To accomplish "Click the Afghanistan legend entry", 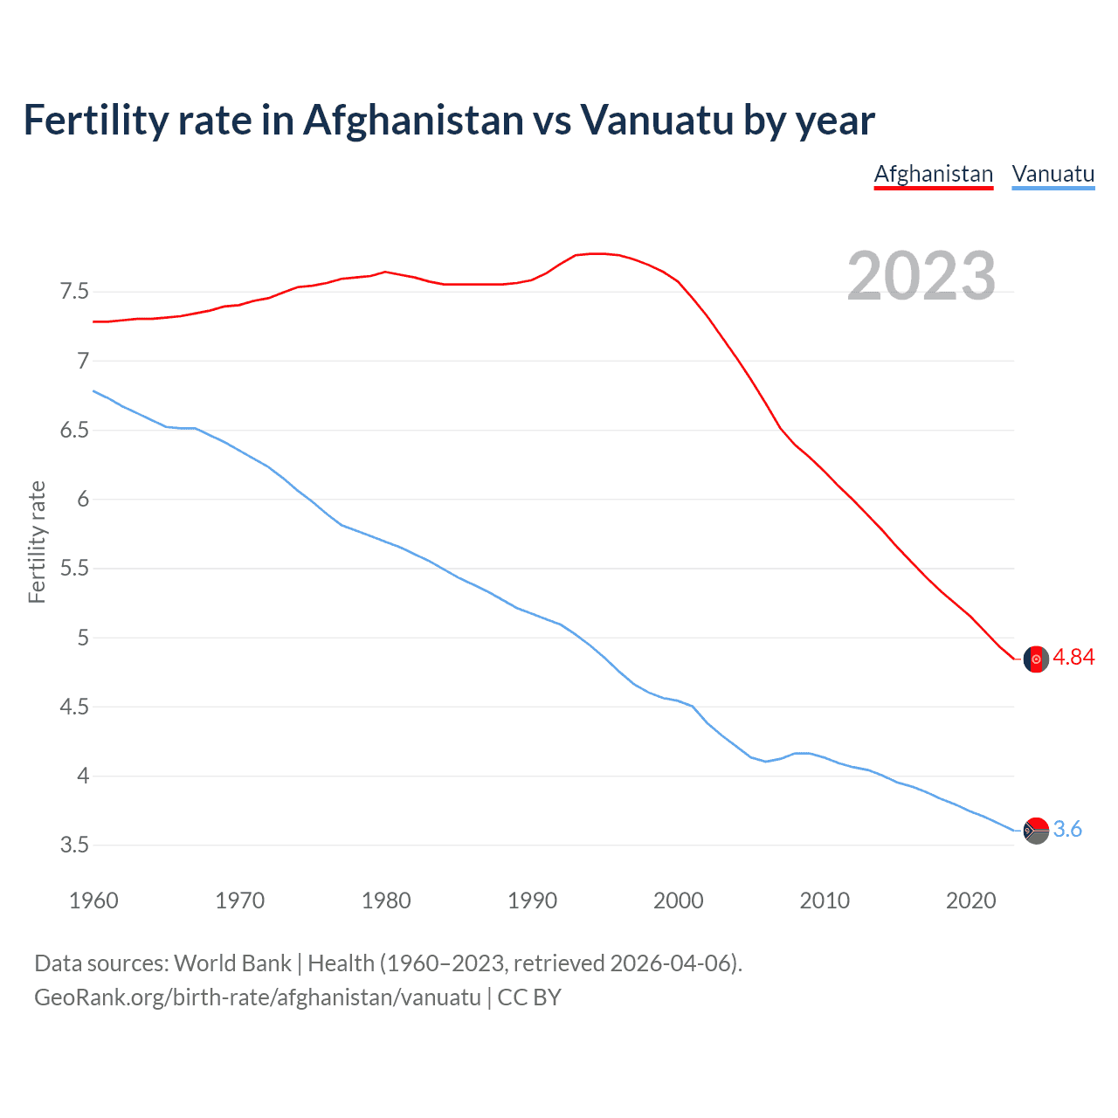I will pos(934,174).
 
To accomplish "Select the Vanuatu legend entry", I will pos(1052,174).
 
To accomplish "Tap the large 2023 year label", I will pos(921,276).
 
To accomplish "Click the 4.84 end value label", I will pos(1073,658).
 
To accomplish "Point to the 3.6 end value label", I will pos(1067,830).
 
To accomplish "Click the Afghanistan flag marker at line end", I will pos(1036,659).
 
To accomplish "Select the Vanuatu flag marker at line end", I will pos(1036,831).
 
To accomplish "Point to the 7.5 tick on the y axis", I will pos(74,292).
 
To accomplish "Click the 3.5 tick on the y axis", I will pos(74,845).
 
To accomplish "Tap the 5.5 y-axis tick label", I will pos(74,569).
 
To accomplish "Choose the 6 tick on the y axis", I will pos(83,500).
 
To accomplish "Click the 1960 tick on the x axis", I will pos(93,901).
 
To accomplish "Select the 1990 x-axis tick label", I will pos(532,901).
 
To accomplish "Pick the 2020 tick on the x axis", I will pos(970,901).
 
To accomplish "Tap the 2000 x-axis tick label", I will pos(678,901).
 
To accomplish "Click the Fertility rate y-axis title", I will pos(37,542).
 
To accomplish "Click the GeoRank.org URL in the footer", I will pos(257,997).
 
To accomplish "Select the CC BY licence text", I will pos(529,997).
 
